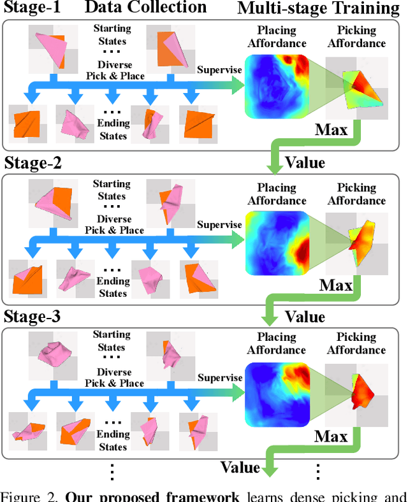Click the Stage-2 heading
33,162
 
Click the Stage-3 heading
33,316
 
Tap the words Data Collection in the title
145,8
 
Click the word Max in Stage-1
331,131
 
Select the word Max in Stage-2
336,285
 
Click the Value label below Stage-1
305,162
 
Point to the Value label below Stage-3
240,468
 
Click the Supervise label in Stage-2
219,224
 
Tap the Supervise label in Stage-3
219,377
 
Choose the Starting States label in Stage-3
112,341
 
